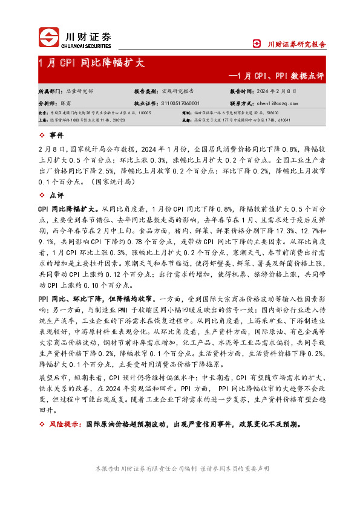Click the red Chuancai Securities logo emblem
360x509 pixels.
tap(48, 36)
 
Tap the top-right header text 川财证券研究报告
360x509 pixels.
tap(296, 44)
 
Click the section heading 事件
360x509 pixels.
tap(56, 134)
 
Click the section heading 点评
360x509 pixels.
tap(56, 195)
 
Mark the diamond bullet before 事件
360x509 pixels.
tap(41, 134)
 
